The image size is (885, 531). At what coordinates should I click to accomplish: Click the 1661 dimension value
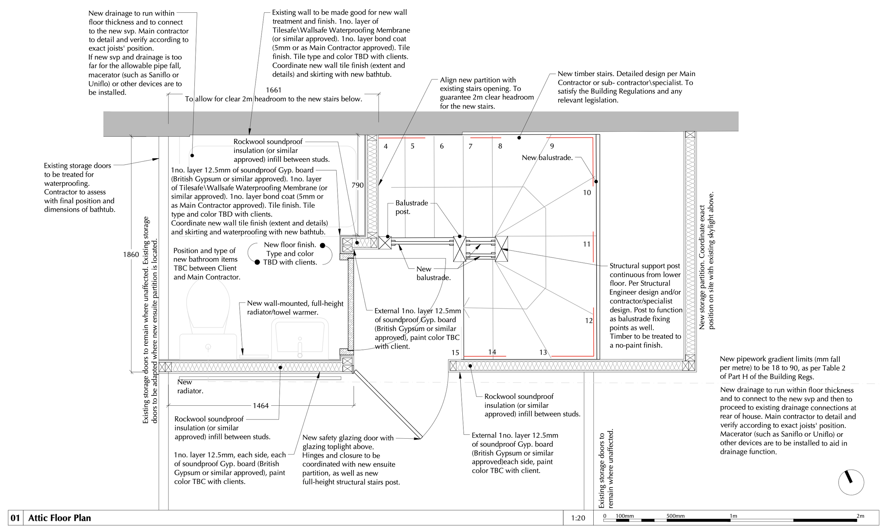tap(273, 90)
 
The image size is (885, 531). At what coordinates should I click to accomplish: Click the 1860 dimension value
tap(131, 255)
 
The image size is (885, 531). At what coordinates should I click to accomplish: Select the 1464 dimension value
tap(261, 406)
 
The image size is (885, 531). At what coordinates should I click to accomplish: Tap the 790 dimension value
tap(357, 185)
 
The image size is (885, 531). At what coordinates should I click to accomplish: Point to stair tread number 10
tap(587, 193)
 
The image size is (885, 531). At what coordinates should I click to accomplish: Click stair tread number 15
tap(455, 353)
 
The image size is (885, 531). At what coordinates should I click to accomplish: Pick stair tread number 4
tap(386, 146)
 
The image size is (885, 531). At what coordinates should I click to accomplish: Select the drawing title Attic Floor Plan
tap(59, 518)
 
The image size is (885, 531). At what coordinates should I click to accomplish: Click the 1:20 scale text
tap(578, 518)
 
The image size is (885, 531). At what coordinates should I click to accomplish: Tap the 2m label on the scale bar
tap(860, 516)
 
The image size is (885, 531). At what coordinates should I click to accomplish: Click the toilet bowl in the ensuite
tap(208, 304)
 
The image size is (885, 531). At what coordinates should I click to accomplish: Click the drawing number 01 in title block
tap(15, 518)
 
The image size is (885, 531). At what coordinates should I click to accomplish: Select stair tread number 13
tap(543, 353)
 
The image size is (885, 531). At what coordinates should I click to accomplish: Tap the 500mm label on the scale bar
tap(675, 516)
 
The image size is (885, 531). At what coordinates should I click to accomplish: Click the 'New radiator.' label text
tap(190, 387)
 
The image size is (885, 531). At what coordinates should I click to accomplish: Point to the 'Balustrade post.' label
tap(411, 207)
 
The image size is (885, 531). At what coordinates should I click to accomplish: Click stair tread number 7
tap(470, 146)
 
